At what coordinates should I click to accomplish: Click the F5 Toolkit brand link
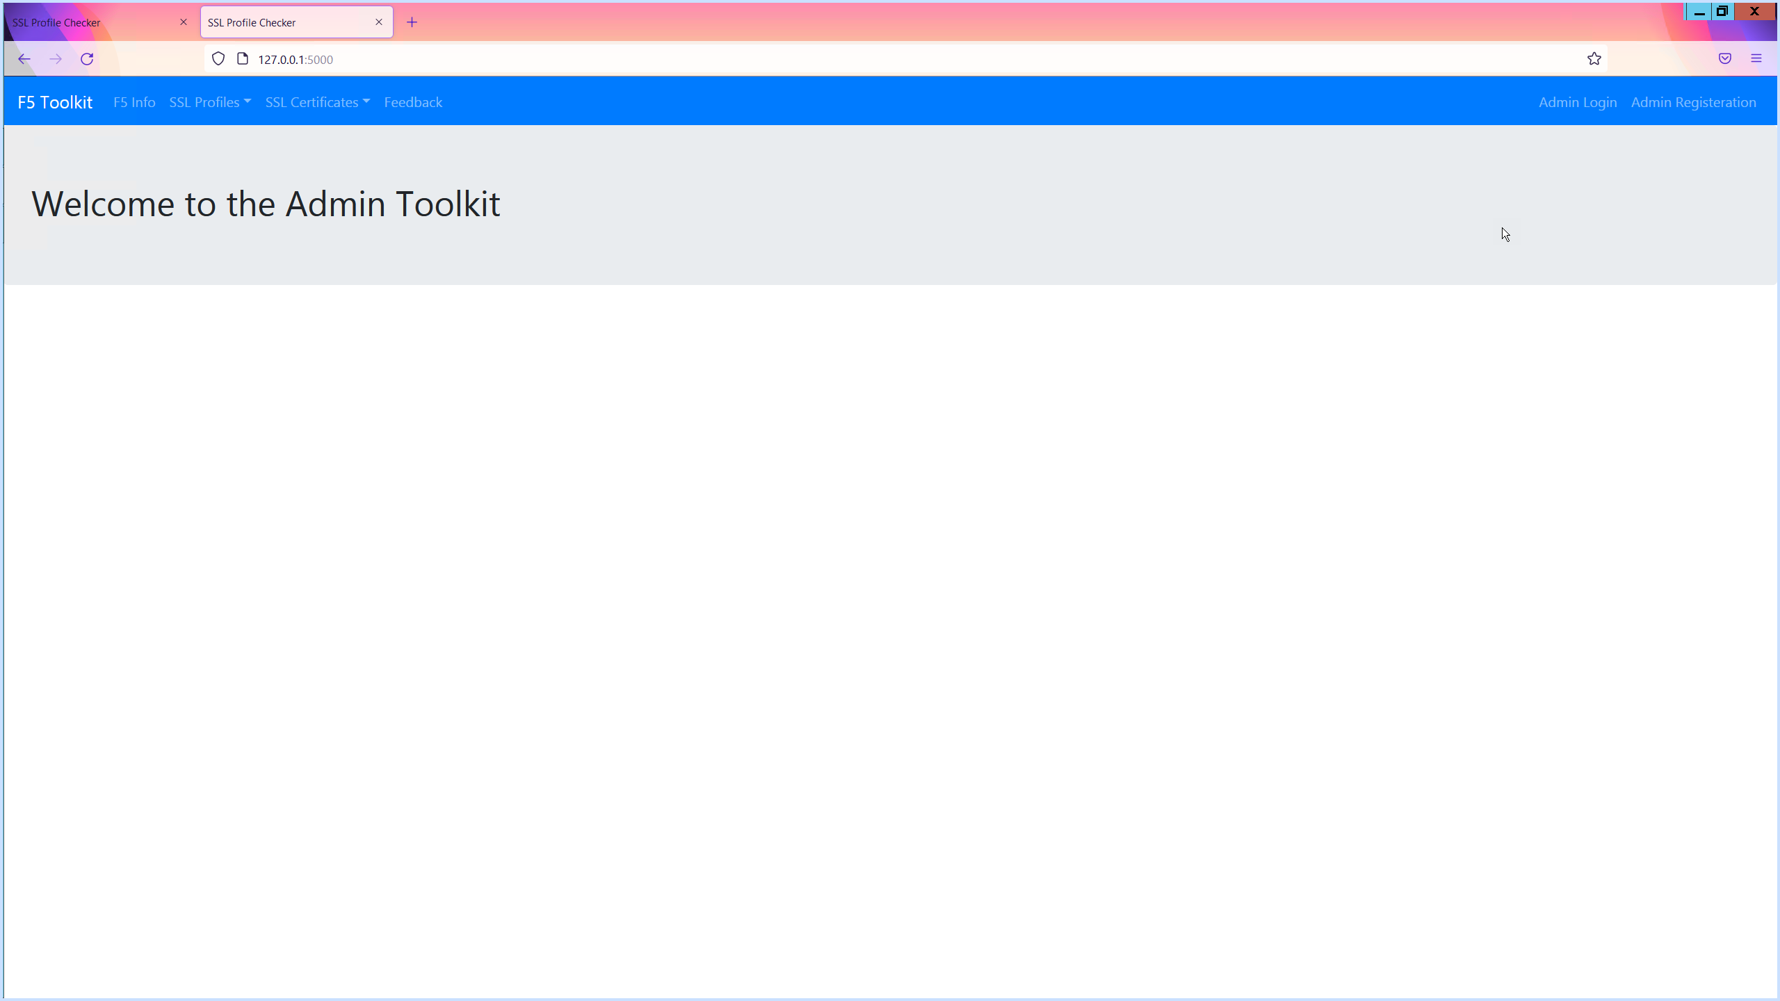(55, 102)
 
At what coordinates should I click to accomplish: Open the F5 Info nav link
(134, 102)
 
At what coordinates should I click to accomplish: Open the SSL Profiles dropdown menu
(210, 102)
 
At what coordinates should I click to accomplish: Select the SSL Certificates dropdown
(317, 102)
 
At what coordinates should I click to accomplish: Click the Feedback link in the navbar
(413, 102)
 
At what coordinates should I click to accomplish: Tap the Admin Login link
(1578, 102)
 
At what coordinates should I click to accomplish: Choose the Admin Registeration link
(1693, 102)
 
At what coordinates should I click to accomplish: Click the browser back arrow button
(24, 59)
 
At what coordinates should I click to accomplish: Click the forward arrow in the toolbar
(56, 59)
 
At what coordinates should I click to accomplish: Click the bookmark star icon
(1594, 59)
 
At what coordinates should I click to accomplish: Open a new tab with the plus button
(412, 22)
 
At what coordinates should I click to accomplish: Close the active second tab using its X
(379, 22)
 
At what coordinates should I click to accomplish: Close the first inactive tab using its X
(184, 22)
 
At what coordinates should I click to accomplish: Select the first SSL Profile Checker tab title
(56, 22)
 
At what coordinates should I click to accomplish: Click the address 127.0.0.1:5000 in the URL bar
(296, 60)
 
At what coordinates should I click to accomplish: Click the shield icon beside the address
(218, 59)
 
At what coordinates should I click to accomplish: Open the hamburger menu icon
(1756, 58)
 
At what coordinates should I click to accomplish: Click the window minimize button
(1699, 12)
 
